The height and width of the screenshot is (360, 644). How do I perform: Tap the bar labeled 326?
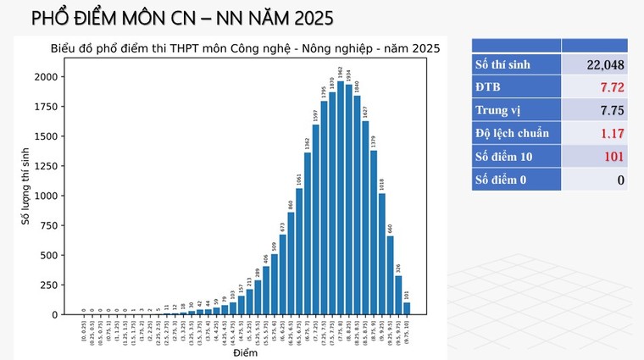coord(398,295)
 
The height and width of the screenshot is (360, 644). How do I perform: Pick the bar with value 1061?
coord(299,251)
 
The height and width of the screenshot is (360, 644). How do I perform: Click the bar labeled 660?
coord(390,274)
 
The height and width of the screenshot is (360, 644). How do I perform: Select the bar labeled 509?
coord(275,284)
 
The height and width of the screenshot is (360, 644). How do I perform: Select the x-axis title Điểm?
coord(245,352)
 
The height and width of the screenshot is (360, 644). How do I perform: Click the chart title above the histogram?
coord(244,48)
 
